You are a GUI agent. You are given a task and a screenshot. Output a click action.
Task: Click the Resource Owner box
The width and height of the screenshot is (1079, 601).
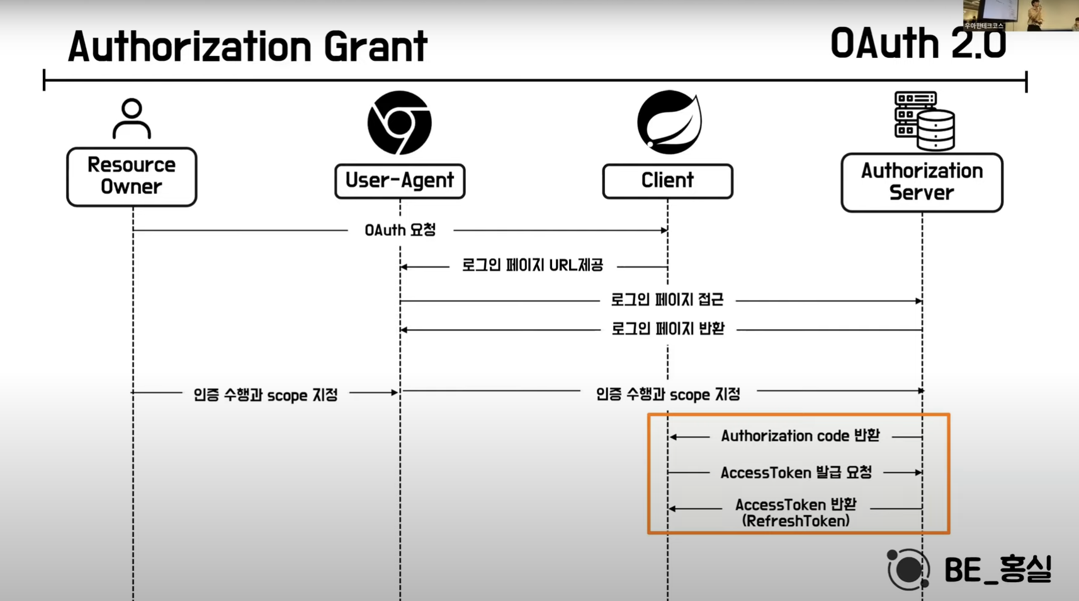(132, 176)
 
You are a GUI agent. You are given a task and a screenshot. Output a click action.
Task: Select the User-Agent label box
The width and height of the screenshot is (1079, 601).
(400, 181)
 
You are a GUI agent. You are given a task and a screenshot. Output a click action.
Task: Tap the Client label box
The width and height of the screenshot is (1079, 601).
(667, 181)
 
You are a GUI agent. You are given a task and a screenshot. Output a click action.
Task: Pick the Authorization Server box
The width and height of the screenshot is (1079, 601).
(922, 182)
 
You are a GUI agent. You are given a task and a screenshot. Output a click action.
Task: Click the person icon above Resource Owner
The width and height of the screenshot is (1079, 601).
(132, 118)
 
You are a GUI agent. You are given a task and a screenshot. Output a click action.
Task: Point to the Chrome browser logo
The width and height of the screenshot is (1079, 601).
(400, 123)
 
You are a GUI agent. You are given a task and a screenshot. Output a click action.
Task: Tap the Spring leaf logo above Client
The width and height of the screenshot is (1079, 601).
(669, 122)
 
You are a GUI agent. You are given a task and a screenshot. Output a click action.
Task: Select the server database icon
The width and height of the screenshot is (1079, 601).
(924, 121)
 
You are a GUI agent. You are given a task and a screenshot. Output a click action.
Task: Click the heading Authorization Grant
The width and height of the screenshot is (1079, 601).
(247, 46)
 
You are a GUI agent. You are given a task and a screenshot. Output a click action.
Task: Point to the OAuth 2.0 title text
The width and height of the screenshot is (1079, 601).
(918, 44)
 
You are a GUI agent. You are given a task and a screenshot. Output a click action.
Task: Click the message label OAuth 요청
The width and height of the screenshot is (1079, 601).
(400, 230)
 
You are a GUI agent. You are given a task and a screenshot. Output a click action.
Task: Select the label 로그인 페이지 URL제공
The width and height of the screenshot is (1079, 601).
(533, 266)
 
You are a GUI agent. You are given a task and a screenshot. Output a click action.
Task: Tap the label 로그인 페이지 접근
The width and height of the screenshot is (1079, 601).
(667, 300)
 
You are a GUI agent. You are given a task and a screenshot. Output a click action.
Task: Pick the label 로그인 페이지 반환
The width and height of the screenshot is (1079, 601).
(668, 329)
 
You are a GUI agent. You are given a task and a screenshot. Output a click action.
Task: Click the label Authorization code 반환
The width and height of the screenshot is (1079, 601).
(800, 436)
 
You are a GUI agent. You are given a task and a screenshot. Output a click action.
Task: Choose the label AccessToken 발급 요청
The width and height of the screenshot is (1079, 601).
(796, 473)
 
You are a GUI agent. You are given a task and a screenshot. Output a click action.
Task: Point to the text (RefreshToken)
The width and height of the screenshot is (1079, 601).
(796, 521)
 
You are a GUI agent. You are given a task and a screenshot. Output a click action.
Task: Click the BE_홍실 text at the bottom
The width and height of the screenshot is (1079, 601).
(998, 570)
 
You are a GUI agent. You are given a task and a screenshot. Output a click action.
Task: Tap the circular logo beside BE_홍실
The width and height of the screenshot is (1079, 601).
(908, 570)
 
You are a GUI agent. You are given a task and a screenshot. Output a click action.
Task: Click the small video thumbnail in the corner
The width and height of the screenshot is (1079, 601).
(1020, 15)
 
